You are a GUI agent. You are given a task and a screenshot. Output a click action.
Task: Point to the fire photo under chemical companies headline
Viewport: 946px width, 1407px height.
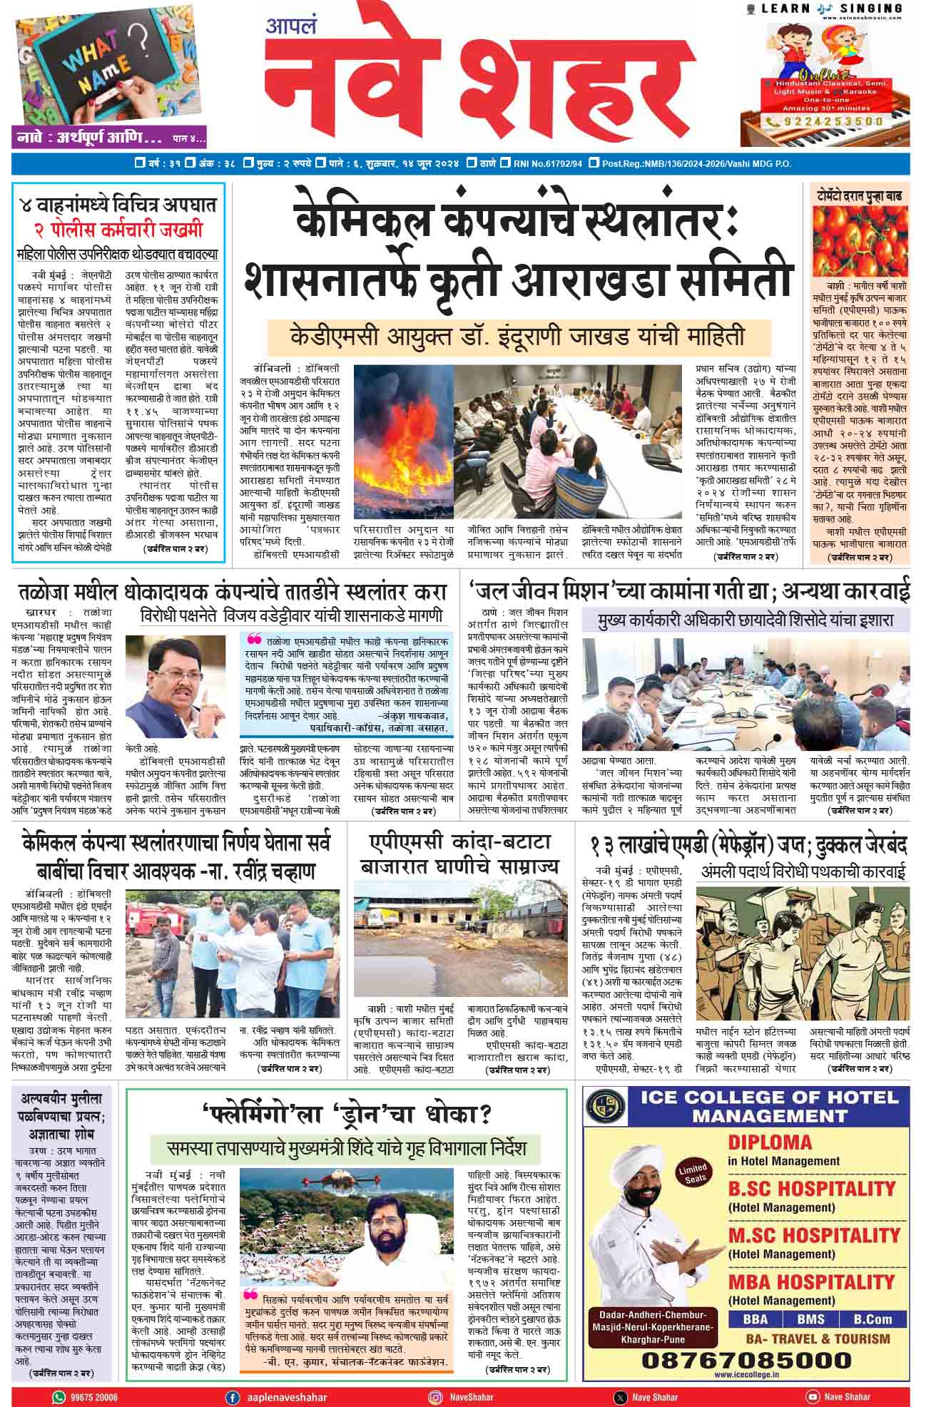[404, 443]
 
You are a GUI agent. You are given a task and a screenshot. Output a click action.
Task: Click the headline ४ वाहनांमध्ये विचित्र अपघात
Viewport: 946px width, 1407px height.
[118, 205]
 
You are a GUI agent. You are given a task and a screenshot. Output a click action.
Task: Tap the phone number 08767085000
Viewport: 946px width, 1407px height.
[736, 1359]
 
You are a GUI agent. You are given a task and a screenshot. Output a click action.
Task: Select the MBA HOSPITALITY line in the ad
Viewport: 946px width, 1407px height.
[811, 1281]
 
